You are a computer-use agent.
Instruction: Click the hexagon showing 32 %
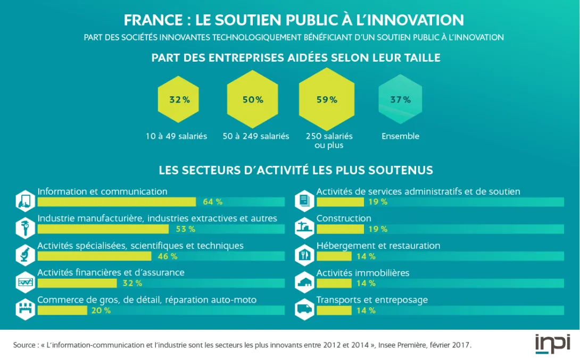(x=178, y=100)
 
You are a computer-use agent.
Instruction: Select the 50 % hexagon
(x=253, y=99)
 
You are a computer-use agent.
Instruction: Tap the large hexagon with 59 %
(x=327, y=99)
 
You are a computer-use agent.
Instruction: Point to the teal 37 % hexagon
(x=400, y=99)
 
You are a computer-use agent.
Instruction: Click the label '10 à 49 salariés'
(x=176, y=136)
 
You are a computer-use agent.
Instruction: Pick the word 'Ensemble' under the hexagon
(x=400, y=136)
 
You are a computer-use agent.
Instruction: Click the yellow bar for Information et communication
(x=117, y=202)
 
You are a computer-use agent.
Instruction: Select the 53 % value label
(x=185, y=229)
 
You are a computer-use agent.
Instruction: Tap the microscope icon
(x=26, y=254)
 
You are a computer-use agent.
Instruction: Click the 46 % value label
(x=168, y=256)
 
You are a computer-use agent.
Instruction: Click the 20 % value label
(x=101, y=311)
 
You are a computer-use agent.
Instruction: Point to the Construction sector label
(x=344, y=218)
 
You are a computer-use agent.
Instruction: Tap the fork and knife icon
(x=304, y=254)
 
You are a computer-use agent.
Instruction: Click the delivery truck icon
(x=304, y=308)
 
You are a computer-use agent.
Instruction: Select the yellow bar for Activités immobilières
(x=334, y=283)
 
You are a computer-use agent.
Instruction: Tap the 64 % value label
(x=212, y=202)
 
